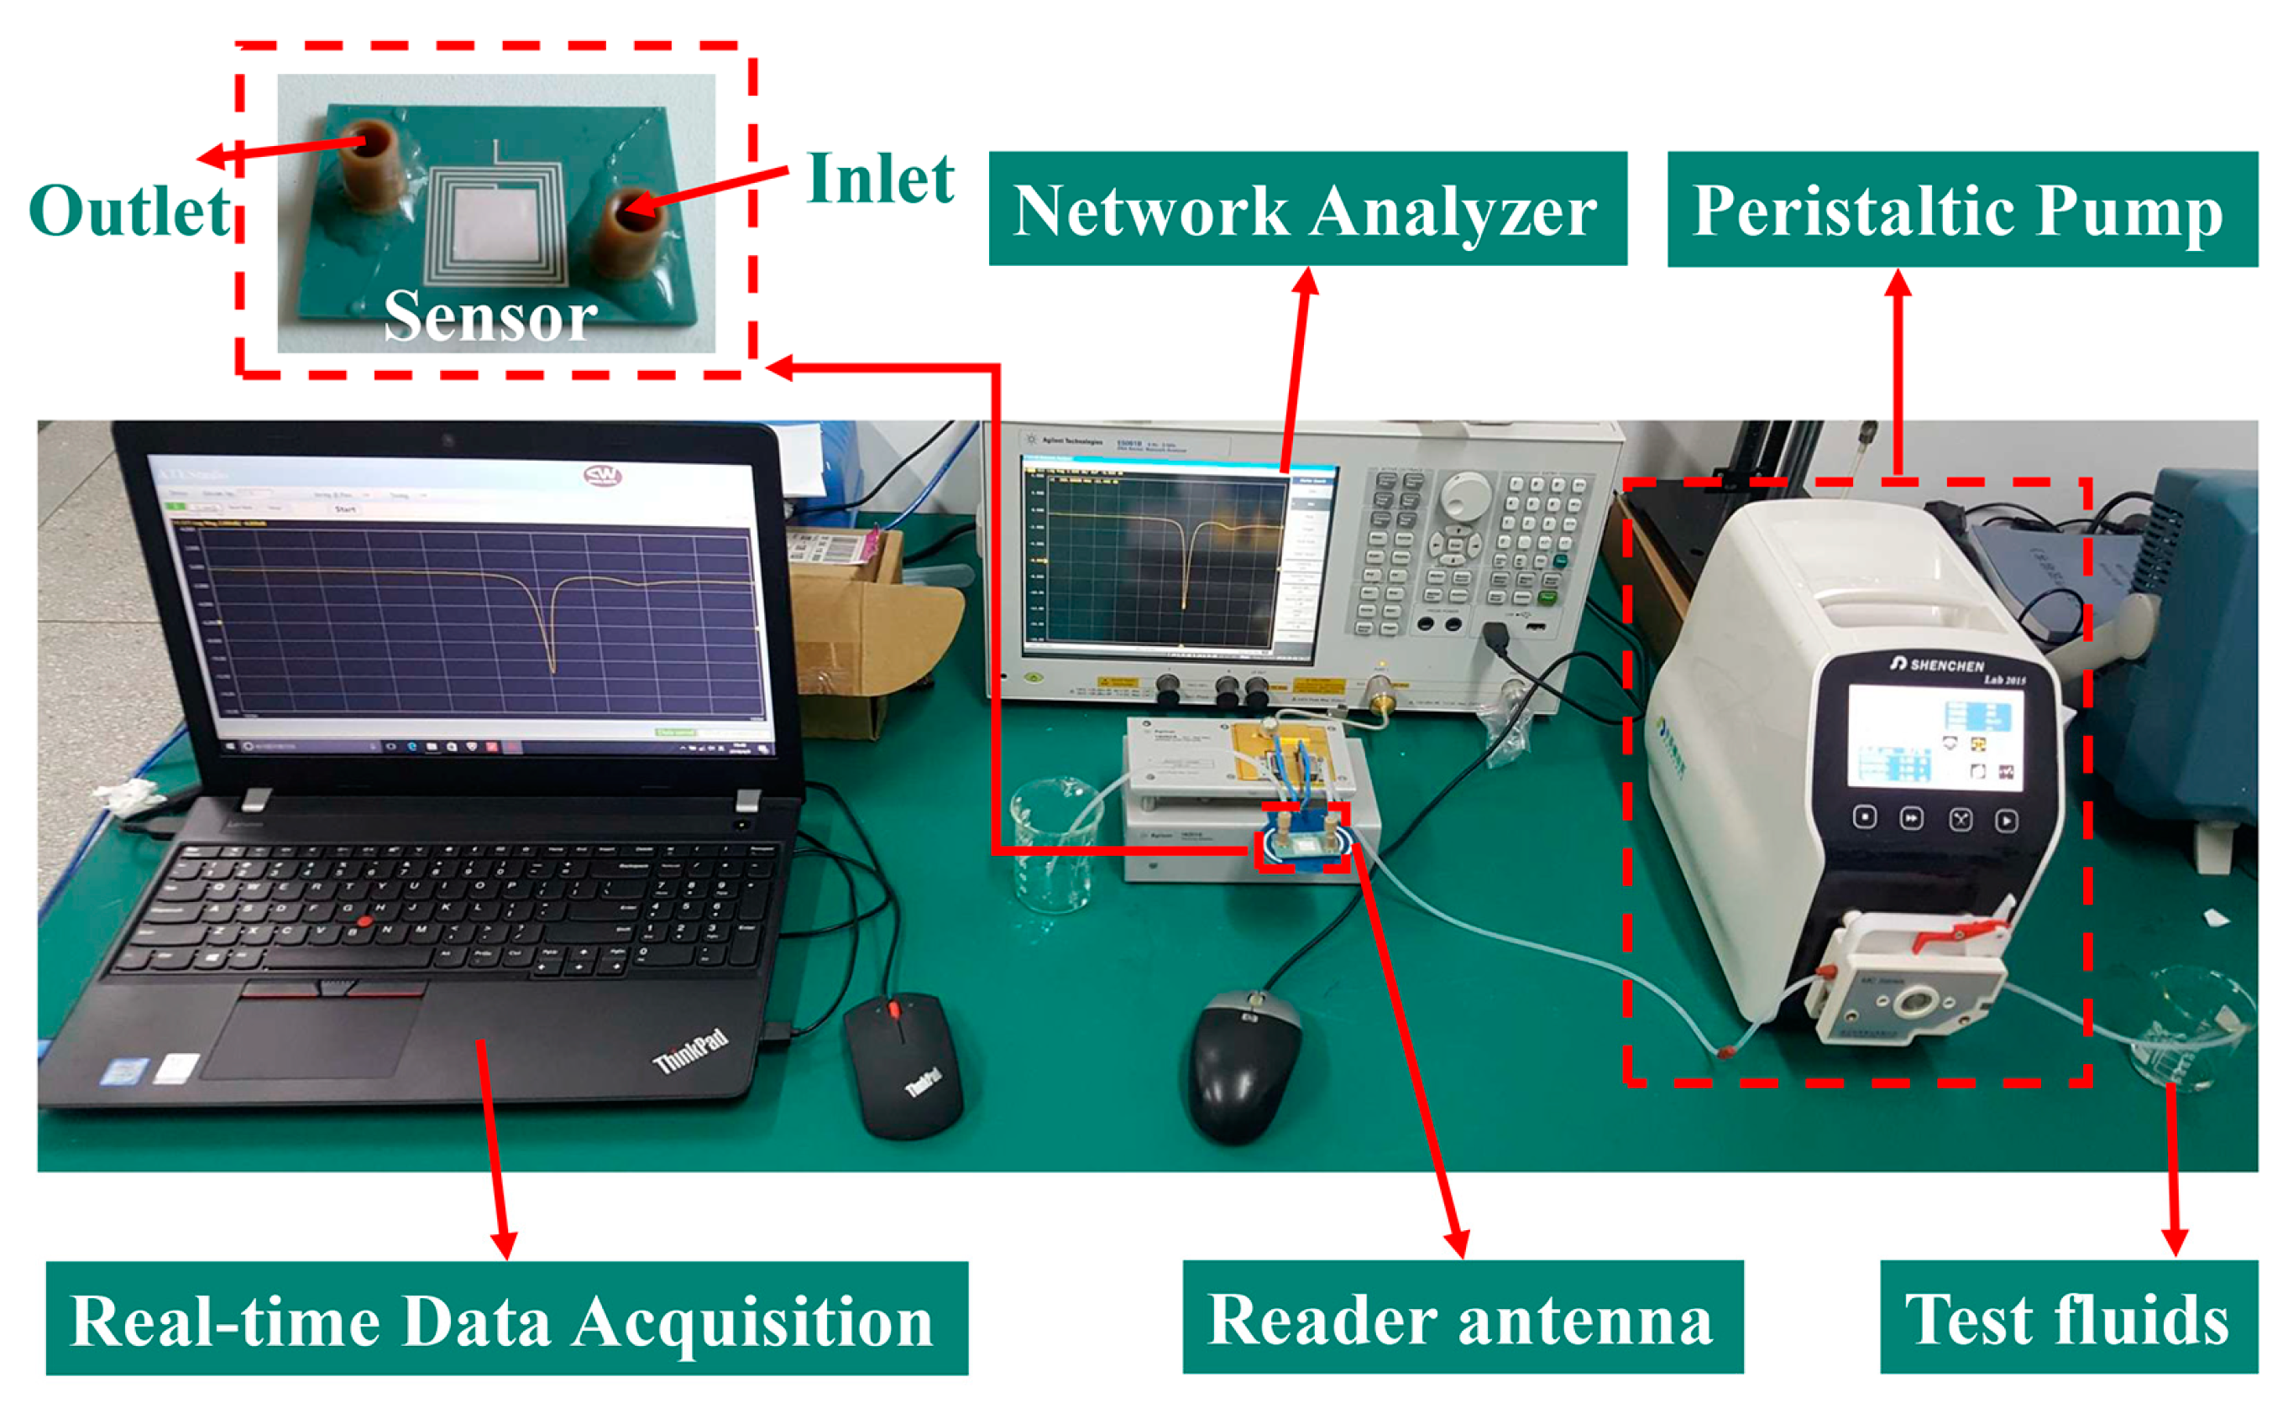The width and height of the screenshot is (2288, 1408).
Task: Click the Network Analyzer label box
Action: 1306,210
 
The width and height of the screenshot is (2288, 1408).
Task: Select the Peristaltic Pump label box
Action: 1961,210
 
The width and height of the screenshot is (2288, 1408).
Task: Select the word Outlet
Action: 130,211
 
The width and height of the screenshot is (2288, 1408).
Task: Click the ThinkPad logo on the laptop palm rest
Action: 689,1051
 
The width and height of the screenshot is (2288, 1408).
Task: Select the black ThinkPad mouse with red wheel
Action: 902,1062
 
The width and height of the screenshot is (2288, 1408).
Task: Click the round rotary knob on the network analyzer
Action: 1465,494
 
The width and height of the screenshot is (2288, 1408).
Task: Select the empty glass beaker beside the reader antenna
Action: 1055,843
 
